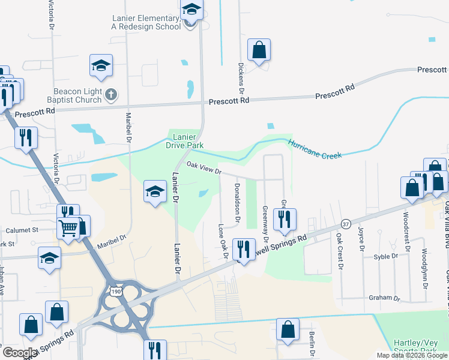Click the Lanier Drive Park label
(185, 141)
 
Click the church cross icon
(110, 94)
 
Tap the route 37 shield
(345, 223)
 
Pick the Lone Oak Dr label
(223, 241)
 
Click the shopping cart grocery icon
(68, 227)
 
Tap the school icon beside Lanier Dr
(155, 192)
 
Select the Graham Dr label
(384, 298)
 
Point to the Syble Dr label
(385, 256)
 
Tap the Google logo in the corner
(20, 353)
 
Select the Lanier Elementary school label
(146, 22)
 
